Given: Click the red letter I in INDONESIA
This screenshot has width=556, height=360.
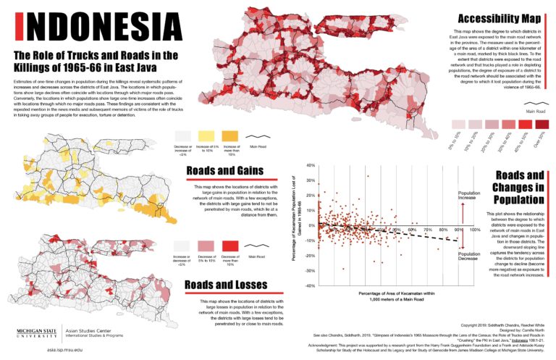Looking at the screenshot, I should [19, 27].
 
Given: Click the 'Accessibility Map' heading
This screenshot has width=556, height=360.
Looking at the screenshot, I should [499, 18].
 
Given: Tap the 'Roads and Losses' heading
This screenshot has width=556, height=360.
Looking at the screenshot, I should [226, 285].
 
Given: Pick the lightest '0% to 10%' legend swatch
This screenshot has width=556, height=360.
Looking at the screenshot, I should [458, 124].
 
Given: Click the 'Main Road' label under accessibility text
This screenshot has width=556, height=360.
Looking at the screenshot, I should [536, 111].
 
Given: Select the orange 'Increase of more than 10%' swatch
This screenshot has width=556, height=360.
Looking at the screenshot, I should [230, 135].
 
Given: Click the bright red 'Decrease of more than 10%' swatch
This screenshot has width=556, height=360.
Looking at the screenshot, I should [230, 246].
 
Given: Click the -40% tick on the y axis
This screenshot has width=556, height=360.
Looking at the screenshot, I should [309, 286].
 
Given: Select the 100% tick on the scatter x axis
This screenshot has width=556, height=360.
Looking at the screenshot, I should [475, 230].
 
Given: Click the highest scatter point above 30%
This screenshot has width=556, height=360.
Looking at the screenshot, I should [368, 176].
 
